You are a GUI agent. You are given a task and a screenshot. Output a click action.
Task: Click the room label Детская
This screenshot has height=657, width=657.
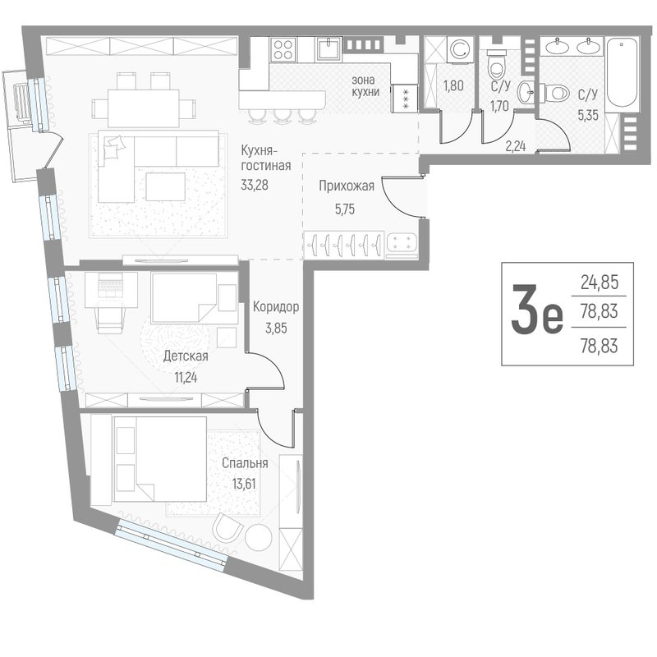click(186, 356)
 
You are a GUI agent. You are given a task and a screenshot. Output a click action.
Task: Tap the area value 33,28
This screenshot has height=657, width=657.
click(255, 185)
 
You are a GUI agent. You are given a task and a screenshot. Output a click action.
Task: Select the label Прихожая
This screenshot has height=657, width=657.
click(347, 186)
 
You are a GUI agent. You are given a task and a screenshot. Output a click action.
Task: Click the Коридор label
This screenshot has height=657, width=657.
click(276, 307)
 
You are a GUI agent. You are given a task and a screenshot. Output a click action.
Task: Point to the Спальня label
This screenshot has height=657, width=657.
click(245, 463)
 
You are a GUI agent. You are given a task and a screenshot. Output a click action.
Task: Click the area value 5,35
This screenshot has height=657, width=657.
click(588, 114)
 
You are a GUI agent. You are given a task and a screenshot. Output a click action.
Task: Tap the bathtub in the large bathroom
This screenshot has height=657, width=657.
click(623, 74)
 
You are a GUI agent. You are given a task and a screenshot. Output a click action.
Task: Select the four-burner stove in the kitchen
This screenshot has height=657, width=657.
click(283, 49)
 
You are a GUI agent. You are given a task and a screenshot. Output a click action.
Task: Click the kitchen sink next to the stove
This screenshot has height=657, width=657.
click(329, 49)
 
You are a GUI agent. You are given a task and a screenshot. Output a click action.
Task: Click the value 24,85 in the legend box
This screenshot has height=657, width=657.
click(600, 283)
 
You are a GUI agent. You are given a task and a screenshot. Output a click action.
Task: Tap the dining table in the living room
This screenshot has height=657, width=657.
click(144, 108)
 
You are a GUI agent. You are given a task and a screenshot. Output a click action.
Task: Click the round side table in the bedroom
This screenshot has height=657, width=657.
click(259, 537)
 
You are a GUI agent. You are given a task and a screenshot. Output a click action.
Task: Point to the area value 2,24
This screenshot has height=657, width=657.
click(516, 146)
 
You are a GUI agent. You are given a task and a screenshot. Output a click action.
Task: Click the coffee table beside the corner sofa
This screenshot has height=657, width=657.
click(166, 186)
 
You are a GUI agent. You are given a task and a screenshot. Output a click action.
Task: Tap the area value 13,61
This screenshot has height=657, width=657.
click(244, 484)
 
